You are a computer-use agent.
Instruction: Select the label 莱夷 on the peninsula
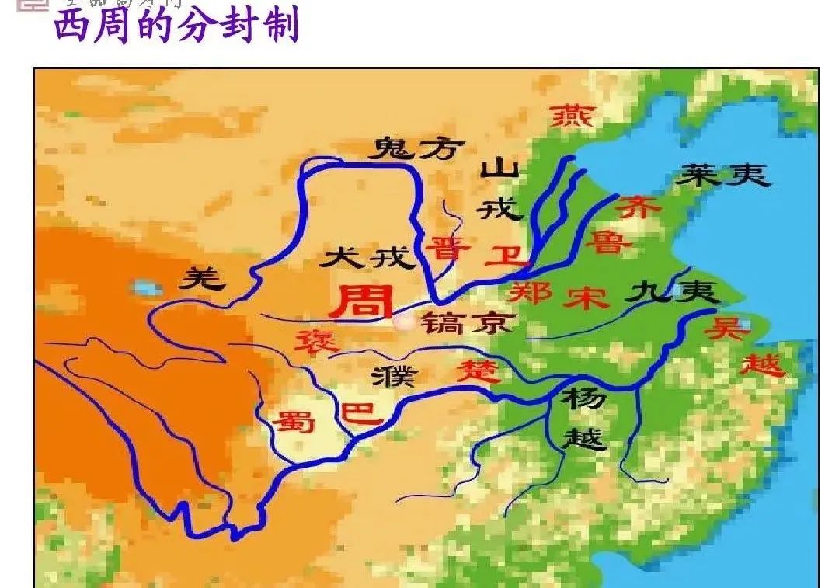coord(722,176)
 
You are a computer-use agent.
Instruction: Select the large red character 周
coord(361,301)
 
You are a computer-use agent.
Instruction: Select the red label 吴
coord(726,329)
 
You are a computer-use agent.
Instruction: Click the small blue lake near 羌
coord(146,289)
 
